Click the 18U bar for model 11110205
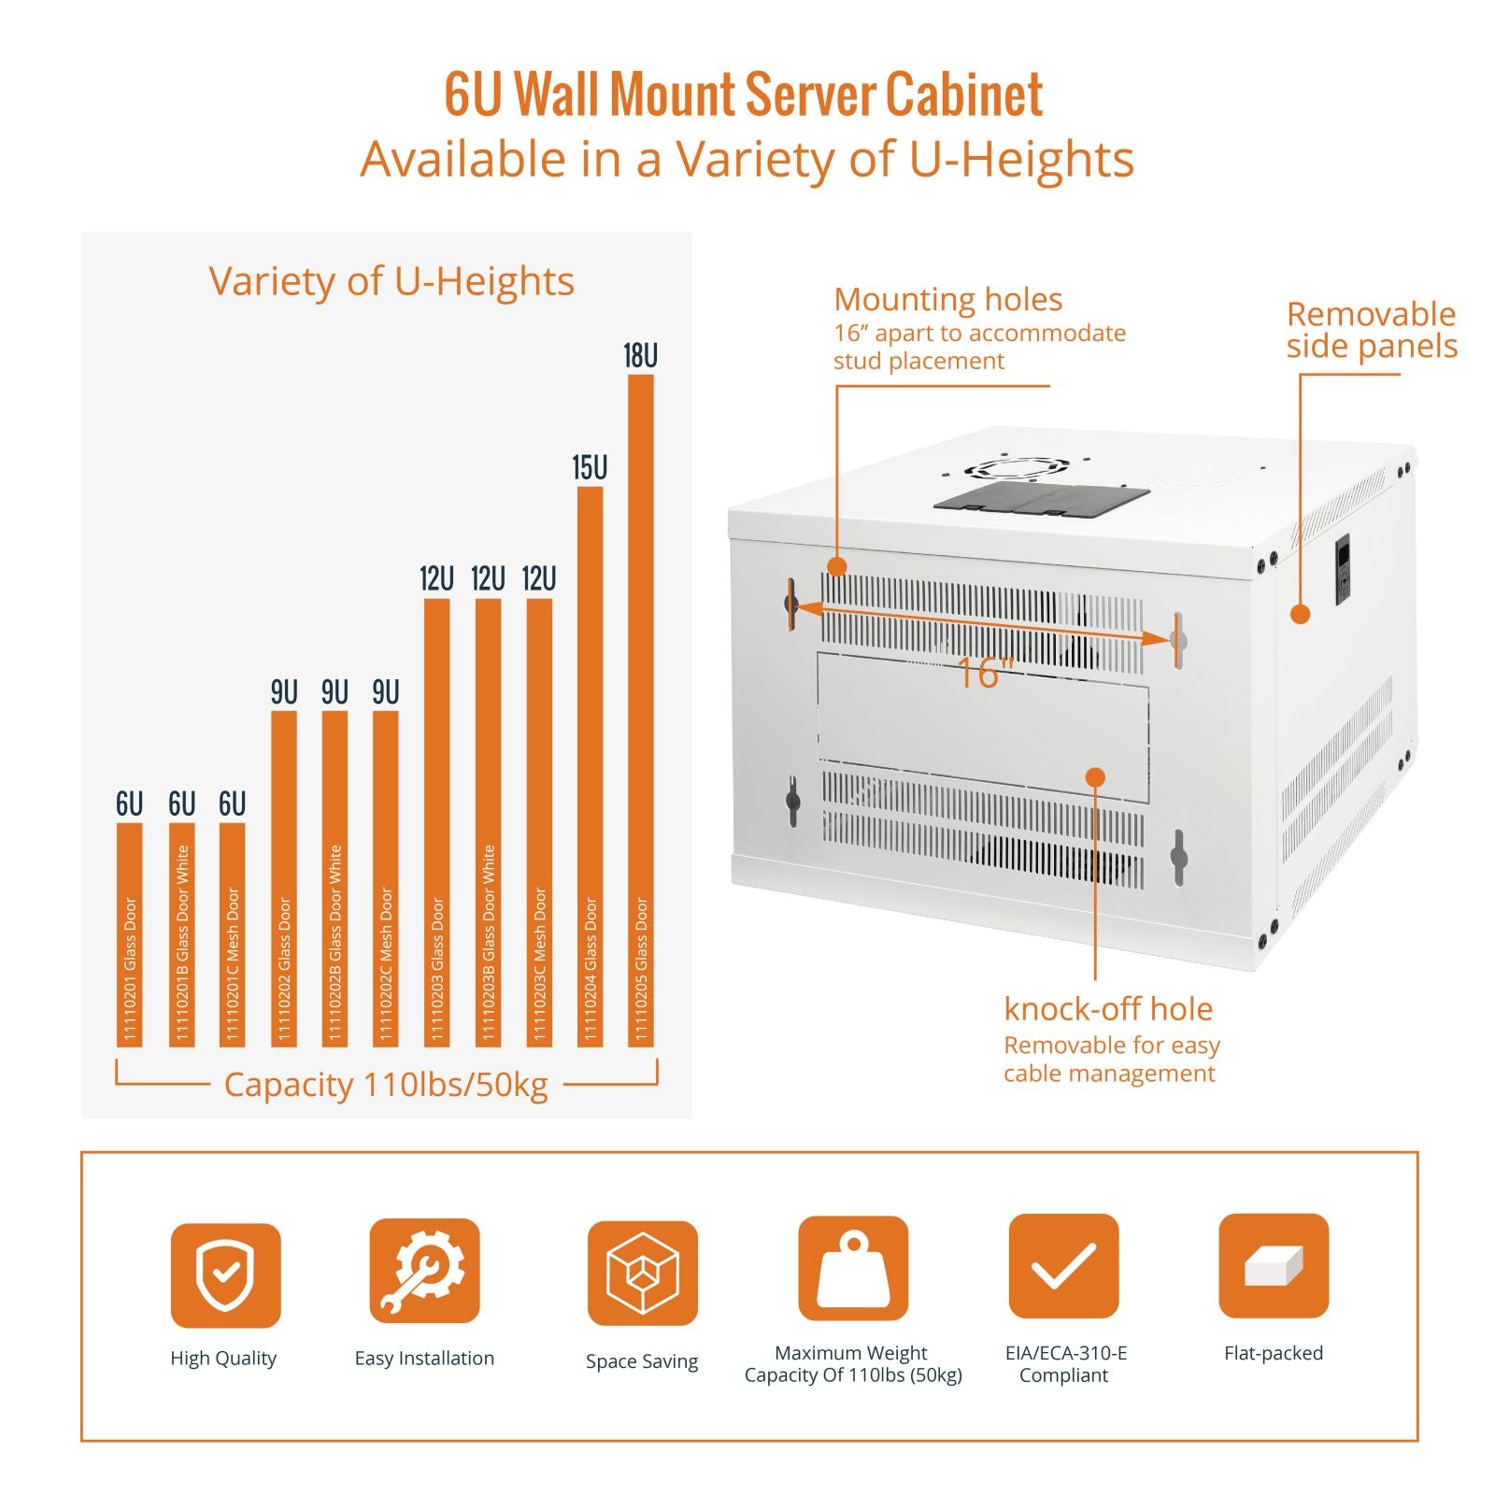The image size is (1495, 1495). click(641, 710)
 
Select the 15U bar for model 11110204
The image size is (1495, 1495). click(590, 766)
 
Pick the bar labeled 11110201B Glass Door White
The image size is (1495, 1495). click(182, 934)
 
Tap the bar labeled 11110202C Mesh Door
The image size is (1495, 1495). click(386, 878)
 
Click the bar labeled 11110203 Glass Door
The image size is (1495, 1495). click(436, 822)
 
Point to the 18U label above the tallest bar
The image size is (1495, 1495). click(641, 356)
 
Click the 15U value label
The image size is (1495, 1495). click(590, 468)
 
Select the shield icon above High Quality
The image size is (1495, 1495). click(225, 1274)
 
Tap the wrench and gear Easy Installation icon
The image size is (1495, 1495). click(424, 1271)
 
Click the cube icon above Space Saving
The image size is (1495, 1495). click(642, 1273)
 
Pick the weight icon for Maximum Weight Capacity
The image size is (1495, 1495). click(853, 1268)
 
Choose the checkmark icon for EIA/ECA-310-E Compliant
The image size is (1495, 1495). click(1063, 1266)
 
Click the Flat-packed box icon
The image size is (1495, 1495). click(1274, 1266)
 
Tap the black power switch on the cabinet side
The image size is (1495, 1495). click(1343, 569)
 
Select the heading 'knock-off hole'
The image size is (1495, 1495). click(1108, 1009)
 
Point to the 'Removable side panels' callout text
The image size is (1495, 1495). click(1371, 330)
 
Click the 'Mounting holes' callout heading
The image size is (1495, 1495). click(947, 300)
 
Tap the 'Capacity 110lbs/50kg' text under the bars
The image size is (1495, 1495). click(386, 1085)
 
